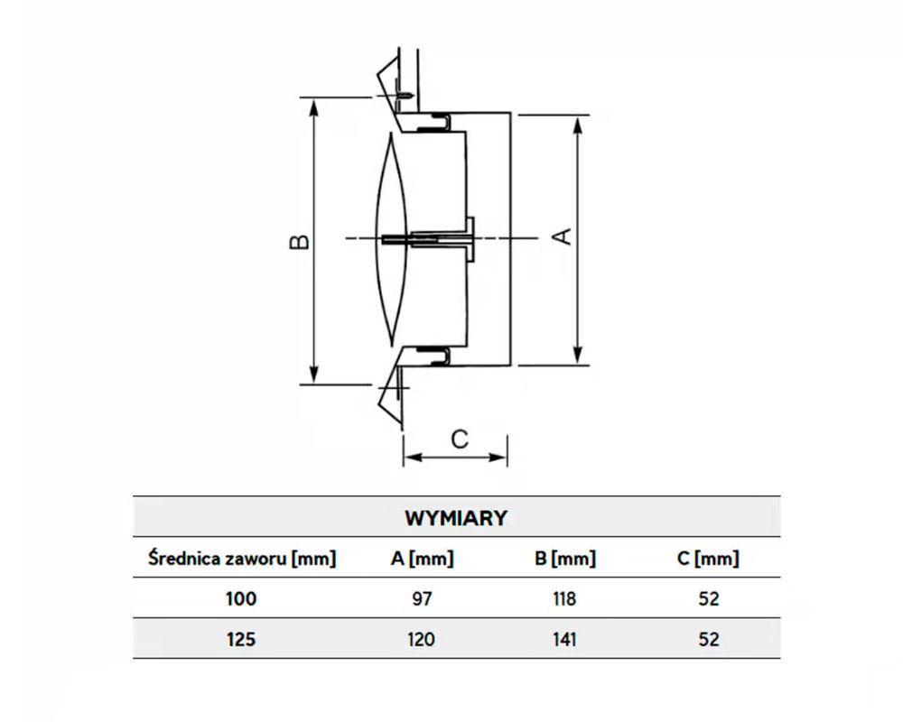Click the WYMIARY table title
point(456,518)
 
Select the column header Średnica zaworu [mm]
point(241,559)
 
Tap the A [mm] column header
point(422,559)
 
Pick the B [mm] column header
point(565,559)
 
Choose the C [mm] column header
point(708,559)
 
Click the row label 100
point(241,598)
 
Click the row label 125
point(241,639)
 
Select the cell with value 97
point(422,598)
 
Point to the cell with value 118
point(565,598)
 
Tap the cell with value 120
point(422,639)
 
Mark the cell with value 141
point(565,639)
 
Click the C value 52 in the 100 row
point(708,598)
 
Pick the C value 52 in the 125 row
point(708,639)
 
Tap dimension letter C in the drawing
point(460,440)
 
